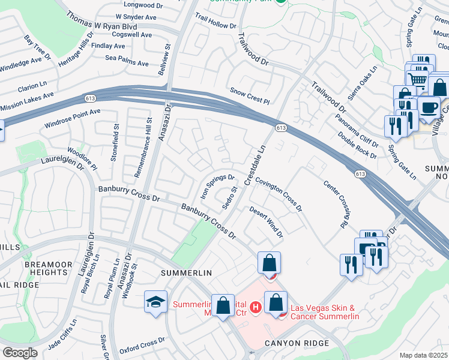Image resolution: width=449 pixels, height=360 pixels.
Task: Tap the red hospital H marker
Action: [x=256, y=308]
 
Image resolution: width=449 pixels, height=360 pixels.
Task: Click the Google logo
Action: [x=19, y=353]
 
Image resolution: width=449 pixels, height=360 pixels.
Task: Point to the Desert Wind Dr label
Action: [x=266, y=222]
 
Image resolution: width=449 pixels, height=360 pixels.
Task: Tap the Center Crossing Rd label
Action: [x=337, y=205]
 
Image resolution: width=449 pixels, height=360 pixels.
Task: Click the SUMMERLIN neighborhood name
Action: [x=187, y=273]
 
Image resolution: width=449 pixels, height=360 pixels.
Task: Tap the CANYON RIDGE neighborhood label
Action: [x=297, y=343]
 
